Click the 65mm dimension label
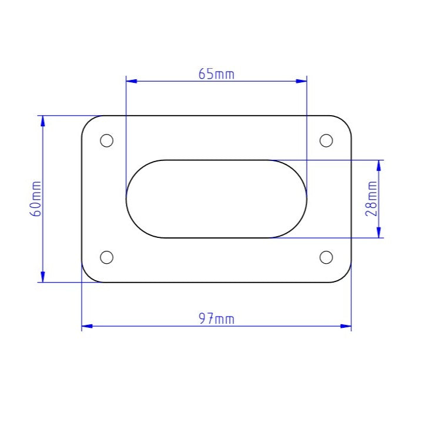(x=216, y=74)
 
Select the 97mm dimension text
(x=216, y=319)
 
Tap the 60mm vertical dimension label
(x=36, y=199)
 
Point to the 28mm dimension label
(x=371, y=199)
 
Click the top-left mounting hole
(x=106, y=140)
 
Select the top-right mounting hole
(x=326, y=140)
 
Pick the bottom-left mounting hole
(x=106, y=257)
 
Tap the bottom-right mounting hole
(x=326, y=257)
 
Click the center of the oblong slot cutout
(x=216, y=199)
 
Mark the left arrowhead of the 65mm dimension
(x=131, y=81)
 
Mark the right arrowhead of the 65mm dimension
(x=302, y=81)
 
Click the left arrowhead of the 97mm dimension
(x=86, y=326)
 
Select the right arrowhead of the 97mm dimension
(x=346, y=326)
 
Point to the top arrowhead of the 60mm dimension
(x=42, y=120)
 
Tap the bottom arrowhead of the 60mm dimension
(x=42, y=277)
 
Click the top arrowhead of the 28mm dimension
(x=379, y=164)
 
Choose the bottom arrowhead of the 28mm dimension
(x=379, y=233)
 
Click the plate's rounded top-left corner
(x=88, y=122)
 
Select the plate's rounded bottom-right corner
(x=345, y=276)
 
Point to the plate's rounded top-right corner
(x=345, y=122)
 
